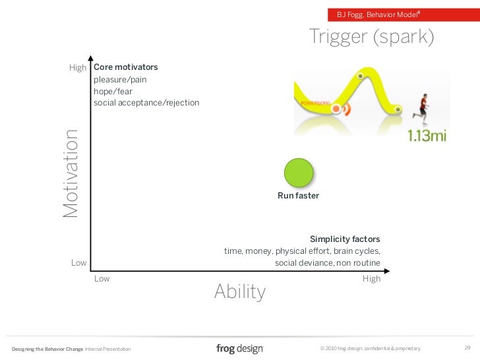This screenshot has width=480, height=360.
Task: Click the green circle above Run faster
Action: pyautogui.click(x=298, y=173)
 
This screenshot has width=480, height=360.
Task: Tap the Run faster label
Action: pyautogui.click(x=298, y=196)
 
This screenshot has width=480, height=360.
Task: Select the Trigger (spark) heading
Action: pyautogui.click(x=372, y=38)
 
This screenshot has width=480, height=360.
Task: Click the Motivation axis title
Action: pyautogui.click(x=71, y=173)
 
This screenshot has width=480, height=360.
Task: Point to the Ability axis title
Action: pyautogui.click(x=240, y=291)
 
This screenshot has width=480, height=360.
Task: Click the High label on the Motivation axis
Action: pyautogui.click(x=78, y=68)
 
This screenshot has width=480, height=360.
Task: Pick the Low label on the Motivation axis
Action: pyautogui.click(x=78, y=263)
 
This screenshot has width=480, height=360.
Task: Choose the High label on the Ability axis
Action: pyautogui.click(x=371, y=279)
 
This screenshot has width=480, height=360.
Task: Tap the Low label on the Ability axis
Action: pyautogui.click(x=102, y=279)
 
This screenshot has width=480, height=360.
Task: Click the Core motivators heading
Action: pyautogui.click(x=126, y=67)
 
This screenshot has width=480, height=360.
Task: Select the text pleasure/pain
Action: pyautogui.click(x=120, y=79)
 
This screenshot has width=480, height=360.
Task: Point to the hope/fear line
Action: pyautogui.click(x=113, y=91)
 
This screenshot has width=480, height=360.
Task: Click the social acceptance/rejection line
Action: pyautogui.click(x=146, y=103)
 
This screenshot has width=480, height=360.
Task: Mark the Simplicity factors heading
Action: pyautogui.click(x=345, y=239)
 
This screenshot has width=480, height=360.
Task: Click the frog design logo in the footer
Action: pyautogui.click(x=239, y=348)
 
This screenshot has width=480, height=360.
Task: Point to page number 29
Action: pyautogui.click(x=467, y=347)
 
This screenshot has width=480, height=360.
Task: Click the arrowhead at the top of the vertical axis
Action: pyautogui.click(x=90, y=58)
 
